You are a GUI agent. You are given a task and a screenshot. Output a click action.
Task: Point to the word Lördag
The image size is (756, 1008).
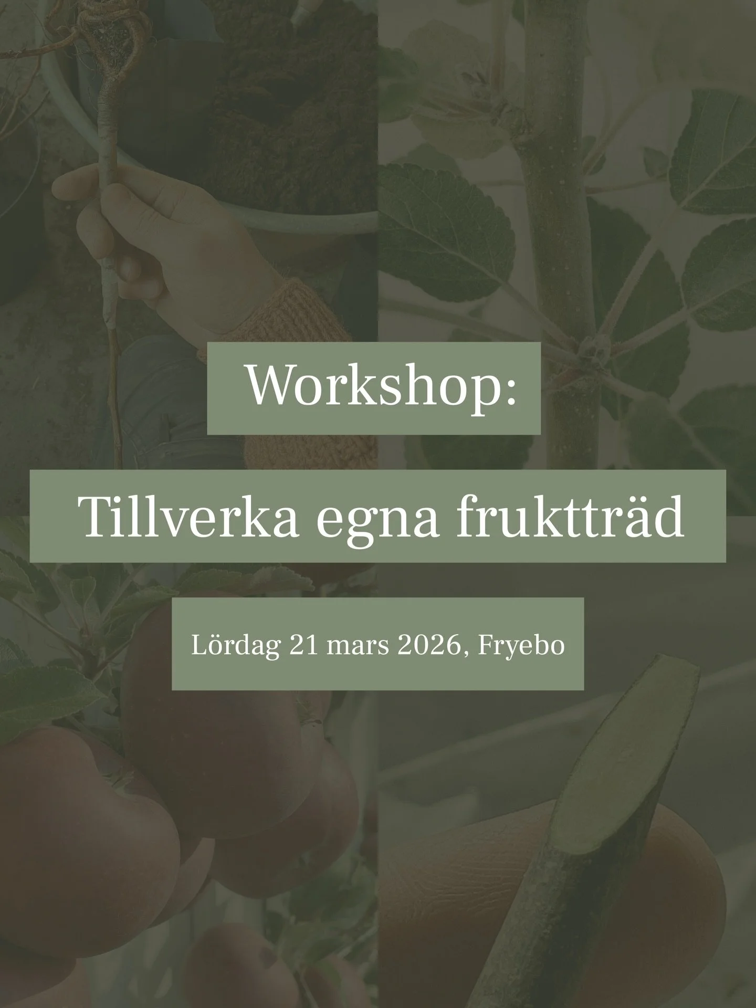tap(235, 645)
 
